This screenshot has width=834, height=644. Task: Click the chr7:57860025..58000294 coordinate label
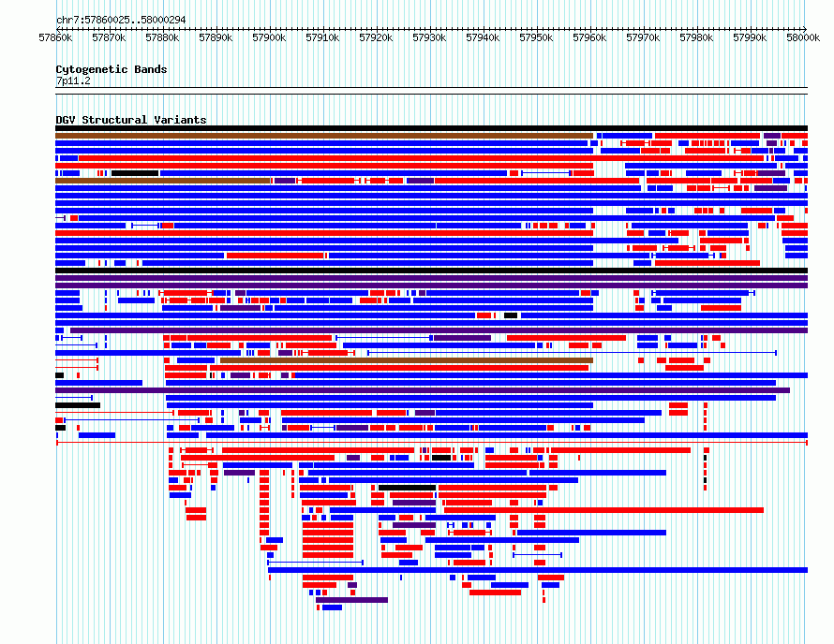pyautogui.click(x=121, y=21)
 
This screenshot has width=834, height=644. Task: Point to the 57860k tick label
pyautogui.click(x=55, y=37)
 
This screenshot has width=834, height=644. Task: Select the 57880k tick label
pyautogui.click(x=162, y=37)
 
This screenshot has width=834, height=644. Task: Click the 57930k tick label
pyautogui.click(x=429, y=37)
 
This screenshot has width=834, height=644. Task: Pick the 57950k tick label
pyautogui.click(x=536, y=37)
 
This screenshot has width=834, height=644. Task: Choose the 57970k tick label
pyautogui.click(x=643, y=37)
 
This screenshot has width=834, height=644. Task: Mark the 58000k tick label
pyautogui.click(x=803, y=37)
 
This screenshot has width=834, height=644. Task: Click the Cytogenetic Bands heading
pyautogui.click(x=112, y=69)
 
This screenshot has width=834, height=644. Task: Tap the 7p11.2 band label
pyautogui.click(x=73, y=80)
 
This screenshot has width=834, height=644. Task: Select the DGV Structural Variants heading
pyautogui.click(x=131, y=120)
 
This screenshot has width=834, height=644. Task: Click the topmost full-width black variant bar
pyautogui.click(x=431, y=128)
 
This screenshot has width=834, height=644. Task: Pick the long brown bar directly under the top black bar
pyautogui.click(x=324, y=136)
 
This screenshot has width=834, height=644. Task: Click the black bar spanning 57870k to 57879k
pyautogui.click(x=135, y=173)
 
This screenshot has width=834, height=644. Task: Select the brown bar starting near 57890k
pyautogui.click(x=407, y=360)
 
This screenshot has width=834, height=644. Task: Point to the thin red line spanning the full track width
pyautogui.click(x=432, y=442)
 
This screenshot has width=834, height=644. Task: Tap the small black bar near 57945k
pyautogui.click(x=511, y=315)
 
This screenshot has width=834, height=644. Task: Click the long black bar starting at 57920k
pyautogui.click(x=407, y=488)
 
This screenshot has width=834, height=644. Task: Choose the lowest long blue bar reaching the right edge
pyautogui.click(x=538, y=570)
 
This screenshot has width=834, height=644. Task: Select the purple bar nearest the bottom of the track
pyautogui.click(x=351, y=600)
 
